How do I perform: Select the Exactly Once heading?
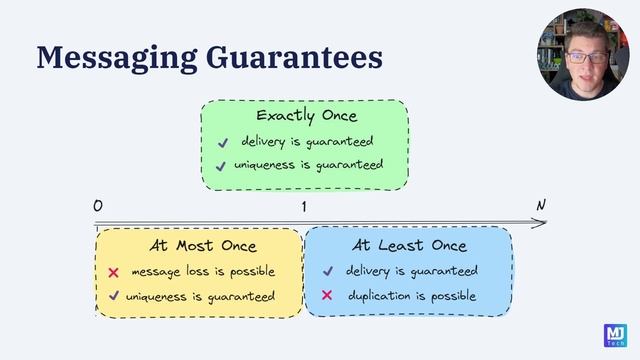[306, 116]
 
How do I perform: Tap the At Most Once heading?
[203, 245]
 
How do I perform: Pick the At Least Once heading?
[409, 245]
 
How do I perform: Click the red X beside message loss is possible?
[114, 272]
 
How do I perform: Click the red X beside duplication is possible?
[327, 296]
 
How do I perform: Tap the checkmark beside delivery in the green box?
[221, 142]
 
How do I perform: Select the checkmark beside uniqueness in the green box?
[221, 166]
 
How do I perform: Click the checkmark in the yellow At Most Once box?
[114, 296]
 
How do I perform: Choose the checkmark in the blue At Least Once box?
[327, 271]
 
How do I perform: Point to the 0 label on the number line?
[98, 207]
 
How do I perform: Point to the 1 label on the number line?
[303, 207]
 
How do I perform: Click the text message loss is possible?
[203, 272]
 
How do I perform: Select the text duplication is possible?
[412, 296]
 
